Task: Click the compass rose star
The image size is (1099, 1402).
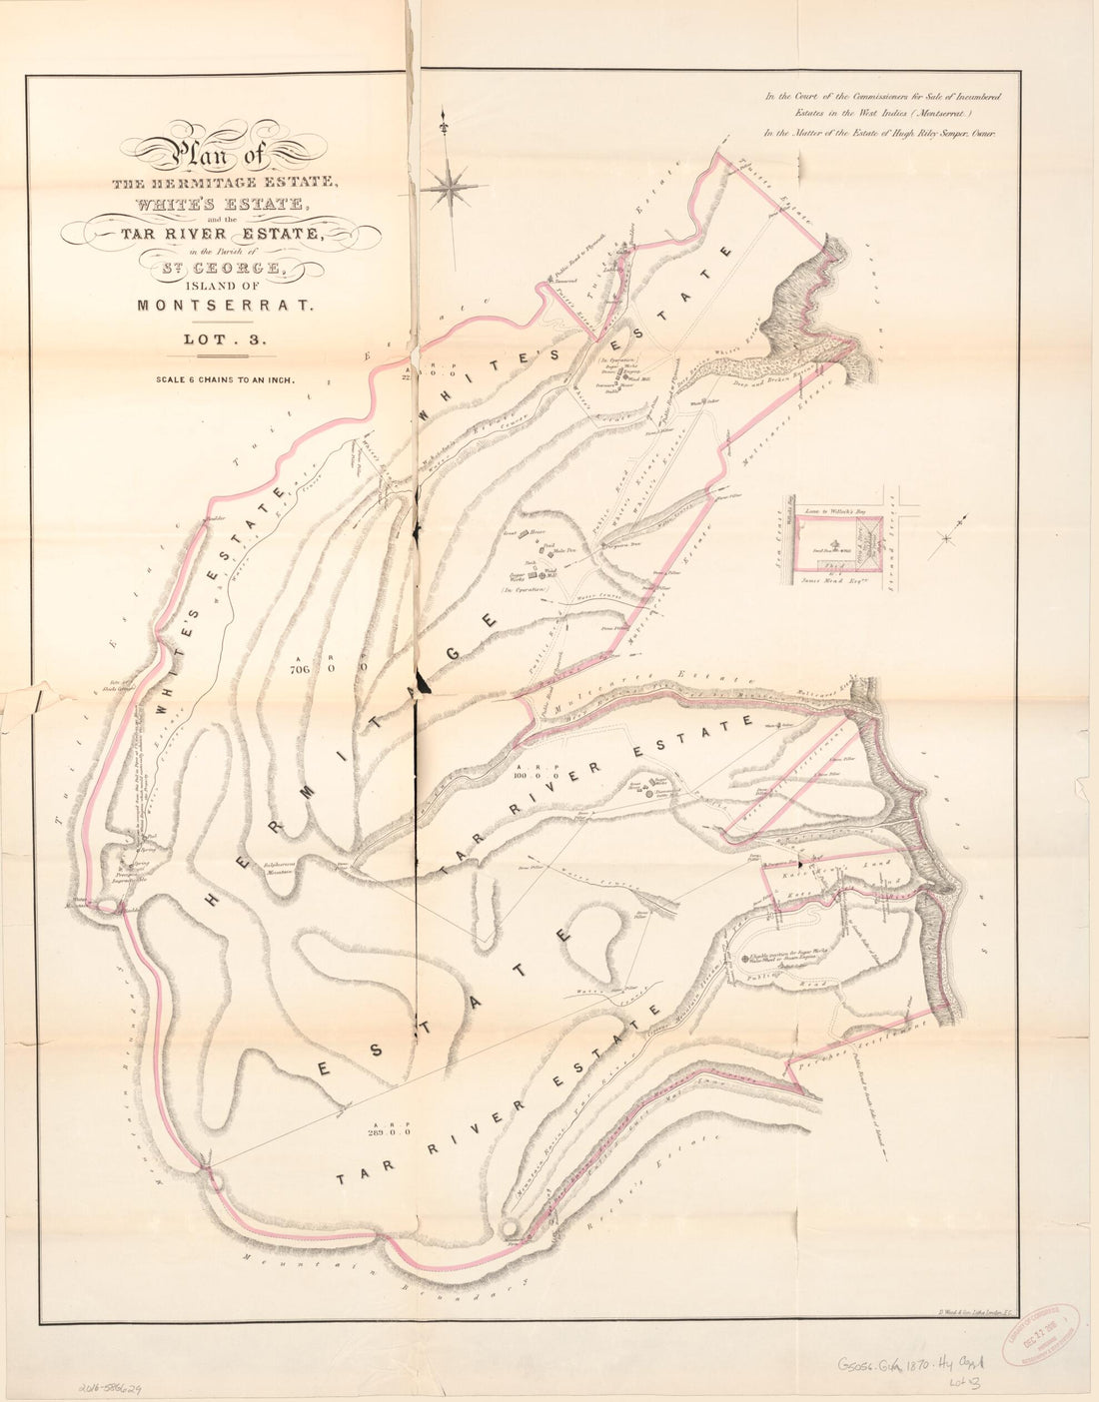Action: [x=453, y=185]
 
